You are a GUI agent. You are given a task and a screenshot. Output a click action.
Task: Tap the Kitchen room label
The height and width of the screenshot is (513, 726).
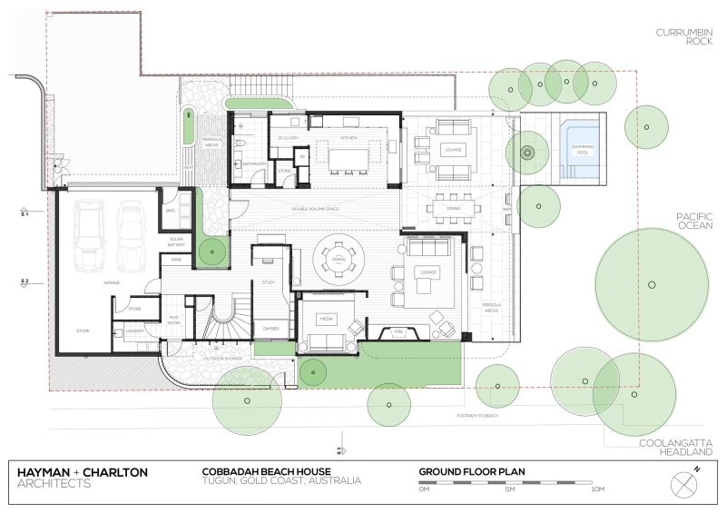[348, 138]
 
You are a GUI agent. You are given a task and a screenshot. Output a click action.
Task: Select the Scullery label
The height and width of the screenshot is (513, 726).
[289, 138]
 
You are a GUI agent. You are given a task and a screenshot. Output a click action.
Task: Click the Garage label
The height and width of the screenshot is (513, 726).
[112, 282]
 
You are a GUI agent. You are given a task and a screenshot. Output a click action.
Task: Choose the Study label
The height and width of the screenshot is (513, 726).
[268, 282]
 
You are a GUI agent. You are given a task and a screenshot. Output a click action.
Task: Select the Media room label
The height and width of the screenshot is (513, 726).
[328, 319]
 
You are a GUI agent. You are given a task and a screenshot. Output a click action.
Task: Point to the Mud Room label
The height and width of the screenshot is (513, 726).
[173, 320]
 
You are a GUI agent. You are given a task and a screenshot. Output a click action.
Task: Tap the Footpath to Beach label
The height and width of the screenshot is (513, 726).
[478, 415]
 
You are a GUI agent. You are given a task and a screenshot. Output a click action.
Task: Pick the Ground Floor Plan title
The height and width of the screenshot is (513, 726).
[472, 472]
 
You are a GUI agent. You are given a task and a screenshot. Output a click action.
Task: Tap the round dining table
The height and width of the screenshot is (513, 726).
[338, 261]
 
